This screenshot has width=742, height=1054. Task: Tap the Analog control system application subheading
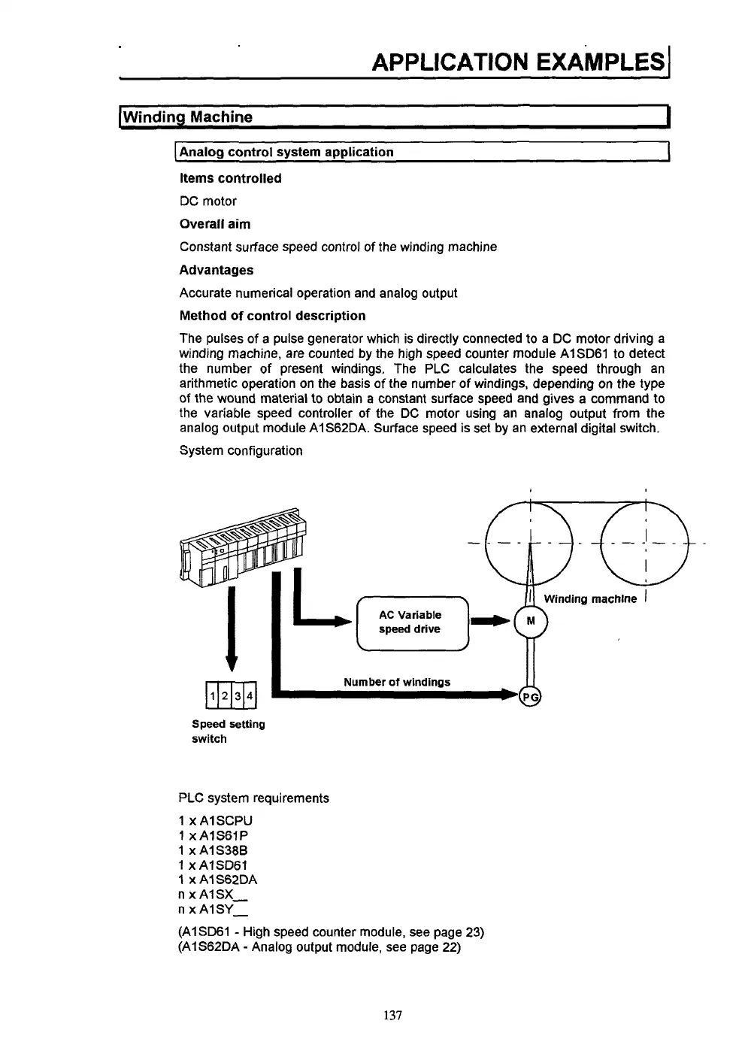click(286, 152)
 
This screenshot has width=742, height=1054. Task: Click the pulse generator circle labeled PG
click(531, 696)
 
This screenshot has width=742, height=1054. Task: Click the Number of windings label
click(397, 682)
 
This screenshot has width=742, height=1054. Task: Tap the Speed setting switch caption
click(228, 731)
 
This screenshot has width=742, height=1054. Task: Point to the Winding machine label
click(589, 599)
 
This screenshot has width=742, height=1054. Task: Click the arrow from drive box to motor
click(490, 621)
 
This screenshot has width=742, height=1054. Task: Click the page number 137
click(393, 1016)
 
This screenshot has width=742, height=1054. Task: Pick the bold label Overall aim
click(215, 224)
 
